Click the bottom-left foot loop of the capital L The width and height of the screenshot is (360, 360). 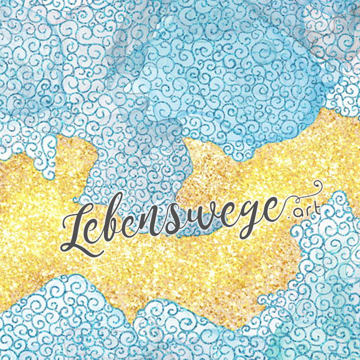(67, 246)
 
